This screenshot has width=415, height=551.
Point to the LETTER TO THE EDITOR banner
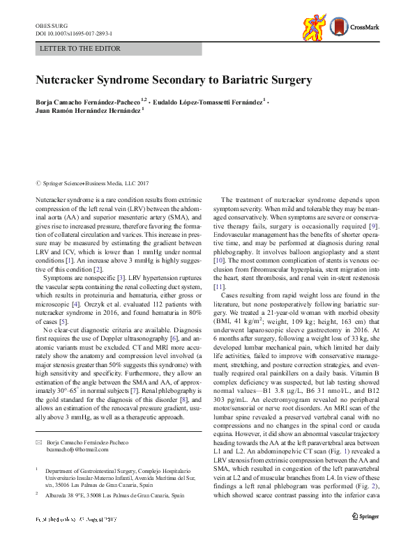[81, 49]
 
